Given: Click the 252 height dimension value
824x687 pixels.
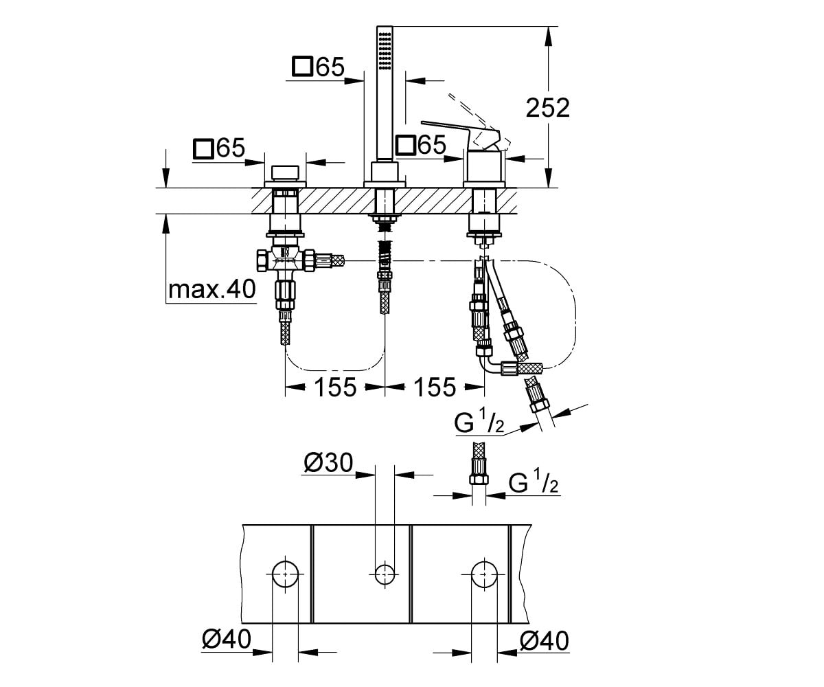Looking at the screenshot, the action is pos(548,107).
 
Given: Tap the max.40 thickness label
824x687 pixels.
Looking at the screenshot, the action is pos(212,289).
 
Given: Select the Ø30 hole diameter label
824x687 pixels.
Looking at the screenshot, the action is pos(328,462).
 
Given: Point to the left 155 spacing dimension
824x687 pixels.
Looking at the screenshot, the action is pos(335,387).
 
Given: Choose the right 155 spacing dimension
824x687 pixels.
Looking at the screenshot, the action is pos(435,387).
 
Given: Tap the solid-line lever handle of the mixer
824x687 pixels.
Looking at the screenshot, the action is pos(461,134).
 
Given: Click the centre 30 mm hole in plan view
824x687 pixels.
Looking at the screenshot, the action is pos(385,574).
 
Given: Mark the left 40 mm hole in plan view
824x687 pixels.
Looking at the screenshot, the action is pos(286,574).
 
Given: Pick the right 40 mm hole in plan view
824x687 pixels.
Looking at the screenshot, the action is pos(484,574).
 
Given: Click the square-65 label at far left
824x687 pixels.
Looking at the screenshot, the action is pos(219,148).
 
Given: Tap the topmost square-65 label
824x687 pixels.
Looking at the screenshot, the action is pos(319,67).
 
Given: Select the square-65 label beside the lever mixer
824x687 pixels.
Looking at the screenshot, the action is pos(421,145).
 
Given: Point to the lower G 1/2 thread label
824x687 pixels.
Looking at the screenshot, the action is pos(534,482).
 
